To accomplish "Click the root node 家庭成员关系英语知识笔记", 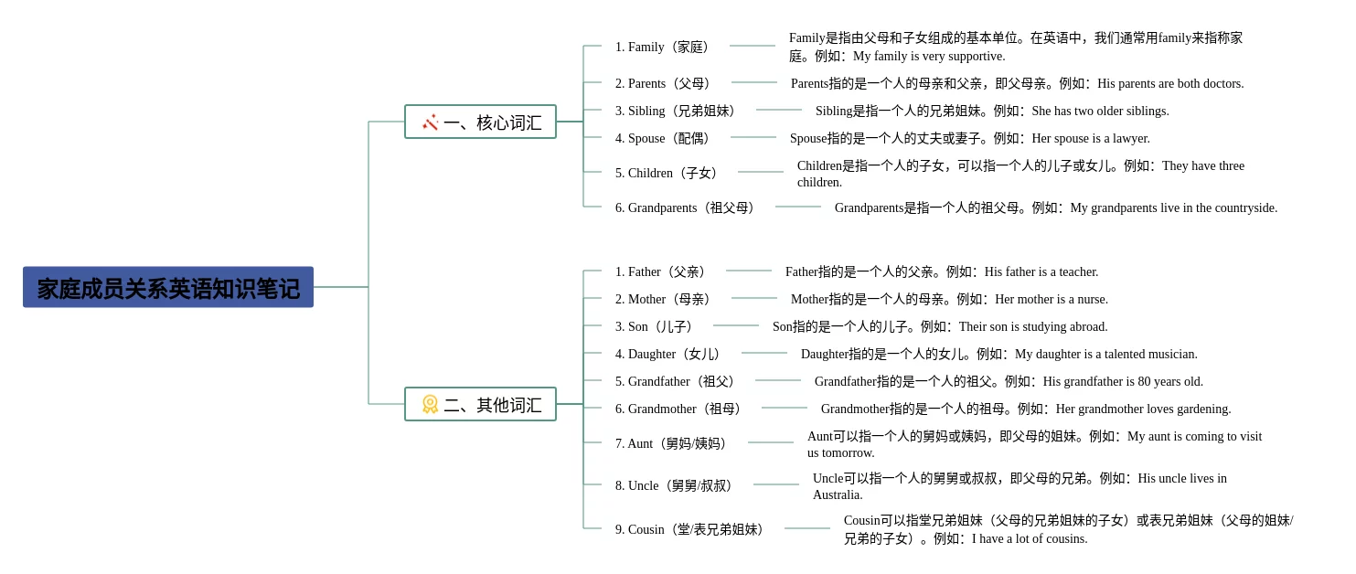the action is click(168, 287).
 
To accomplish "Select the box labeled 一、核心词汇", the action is click(480, 122).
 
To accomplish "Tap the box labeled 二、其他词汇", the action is click(480, 404).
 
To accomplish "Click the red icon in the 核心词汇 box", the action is click(430, 122).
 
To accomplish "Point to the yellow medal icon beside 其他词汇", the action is click(430, 404).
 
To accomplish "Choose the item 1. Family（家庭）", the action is click(662, 47).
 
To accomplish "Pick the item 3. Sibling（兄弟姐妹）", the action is click(675, 111).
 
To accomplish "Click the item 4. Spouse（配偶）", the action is click(662, 138).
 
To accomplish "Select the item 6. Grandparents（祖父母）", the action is click(685, 207).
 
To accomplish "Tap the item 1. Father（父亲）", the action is click(660, 271).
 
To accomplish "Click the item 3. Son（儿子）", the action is click(653, 326).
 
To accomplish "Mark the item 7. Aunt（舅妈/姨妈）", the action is click(671, 443).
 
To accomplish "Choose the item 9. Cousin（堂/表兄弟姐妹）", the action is click(689, 529).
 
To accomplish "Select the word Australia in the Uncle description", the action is click(838, 494).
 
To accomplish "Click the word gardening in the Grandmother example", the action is click(1203, 409).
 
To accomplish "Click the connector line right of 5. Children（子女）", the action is click(761, 172).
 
